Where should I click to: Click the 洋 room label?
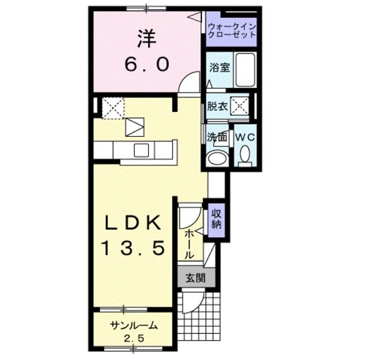146,38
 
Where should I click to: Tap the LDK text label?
134,224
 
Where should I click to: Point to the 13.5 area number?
134,249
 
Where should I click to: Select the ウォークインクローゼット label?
231,30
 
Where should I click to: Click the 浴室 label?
218,68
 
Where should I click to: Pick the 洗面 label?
217,137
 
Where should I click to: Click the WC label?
246,137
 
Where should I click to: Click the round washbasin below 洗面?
216,159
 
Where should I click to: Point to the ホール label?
189,242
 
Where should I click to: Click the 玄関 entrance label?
195,278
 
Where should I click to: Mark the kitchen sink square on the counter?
143,150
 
